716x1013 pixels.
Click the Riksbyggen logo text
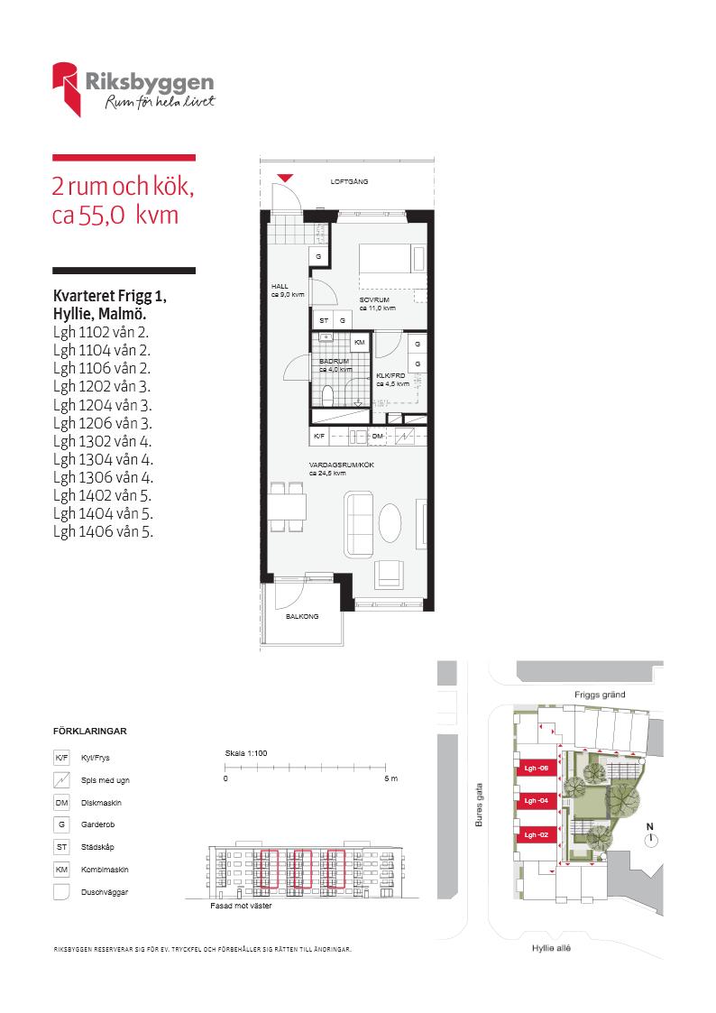coord(149,83)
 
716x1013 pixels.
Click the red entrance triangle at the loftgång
coord(285,178)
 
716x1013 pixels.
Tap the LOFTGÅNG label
coord(349,182)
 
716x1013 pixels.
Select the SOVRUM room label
coord(374,299)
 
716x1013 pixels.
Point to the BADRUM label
coord(334,361)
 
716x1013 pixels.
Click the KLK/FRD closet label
coord(390,375)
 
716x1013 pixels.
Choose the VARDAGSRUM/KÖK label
coord(342,465)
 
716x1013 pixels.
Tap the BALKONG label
coord(302,616)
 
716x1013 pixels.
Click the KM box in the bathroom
coord(360,343)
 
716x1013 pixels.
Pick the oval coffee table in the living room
coord(390,522)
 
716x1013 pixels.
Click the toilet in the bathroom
coord(327,395)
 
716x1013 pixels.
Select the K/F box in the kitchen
coord(319,437)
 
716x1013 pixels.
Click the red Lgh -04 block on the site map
coord(537,800)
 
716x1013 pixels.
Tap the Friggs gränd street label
coord(600,695)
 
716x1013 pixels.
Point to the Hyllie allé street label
coord(551,948)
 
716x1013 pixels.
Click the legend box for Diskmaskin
coord(61,803)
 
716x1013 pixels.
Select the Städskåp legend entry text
coord(97,847)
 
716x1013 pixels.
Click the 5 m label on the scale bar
coord(391,778)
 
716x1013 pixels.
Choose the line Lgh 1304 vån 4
coord(104,459)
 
